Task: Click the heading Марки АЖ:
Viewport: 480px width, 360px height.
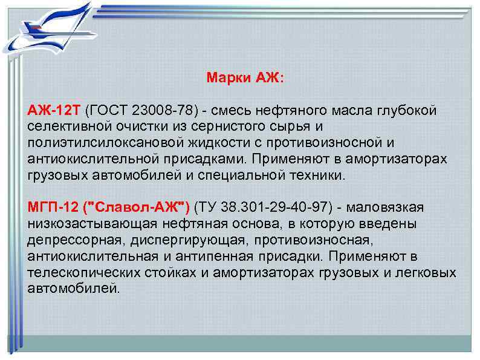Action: pyautogui.click(x=239, y=78)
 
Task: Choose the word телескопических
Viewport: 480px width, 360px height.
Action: pyautogui.click(x=79, y=272)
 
